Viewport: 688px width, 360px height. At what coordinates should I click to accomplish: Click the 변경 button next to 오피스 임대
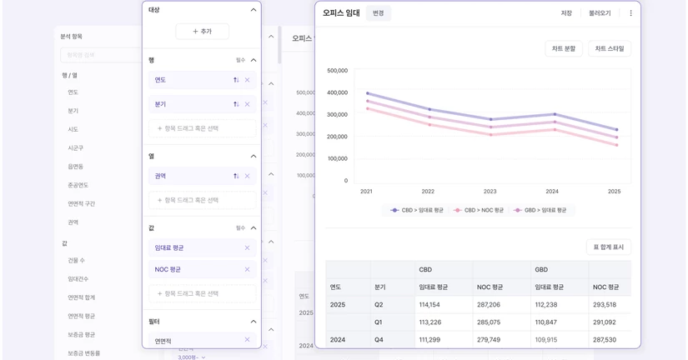tap(378, 13)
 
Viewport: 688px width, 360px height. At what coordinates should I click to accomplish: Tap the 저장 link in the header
tap(566, 13)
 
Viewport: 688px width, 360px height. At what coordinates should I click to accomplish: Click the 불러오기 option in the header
tap(600, 13)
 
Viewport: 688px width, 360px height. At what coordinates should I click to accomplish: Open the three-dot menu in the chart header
tap(630, 13)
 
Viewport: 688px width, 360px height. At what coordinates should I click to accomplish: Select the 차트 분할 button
tap(563, 49)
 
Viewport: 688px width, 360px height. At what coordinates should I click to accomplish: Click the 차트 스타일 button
tap(609, 49)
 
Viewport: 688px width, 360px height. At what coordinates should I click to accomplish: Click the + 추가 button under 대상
tap(202, 32)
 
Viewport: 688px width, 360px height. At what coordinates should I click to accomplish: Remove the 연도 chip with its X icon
tap(247, 80)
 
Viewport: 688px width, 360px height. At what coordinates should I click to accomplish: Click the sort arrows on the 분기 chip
tap(236, 104)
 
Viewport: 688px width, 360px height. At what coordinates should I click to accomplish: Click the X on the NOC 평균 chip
tap(247, 269)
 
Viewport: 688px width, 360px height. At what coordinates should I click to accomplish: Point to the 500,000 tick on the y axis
tap(338, 71)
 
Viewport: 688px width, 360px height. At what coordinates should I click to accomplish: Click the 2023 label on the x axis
tap(490, 192)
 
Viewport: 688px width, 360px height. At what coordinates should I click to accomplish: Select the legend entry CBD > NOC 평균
tap(480, 210)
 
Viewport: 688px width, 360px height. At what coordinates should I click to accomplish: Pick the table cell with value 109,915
tap(545, 340)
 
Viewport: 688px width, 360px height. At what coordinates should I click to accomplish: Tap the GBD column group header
tap(541, 270)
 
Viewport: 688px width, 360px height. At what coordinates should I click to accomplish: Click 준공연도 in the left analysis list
tap(78, 185)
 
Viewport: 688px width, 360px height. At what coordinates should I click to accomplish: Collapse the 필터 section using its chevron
tap(254, 322)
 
